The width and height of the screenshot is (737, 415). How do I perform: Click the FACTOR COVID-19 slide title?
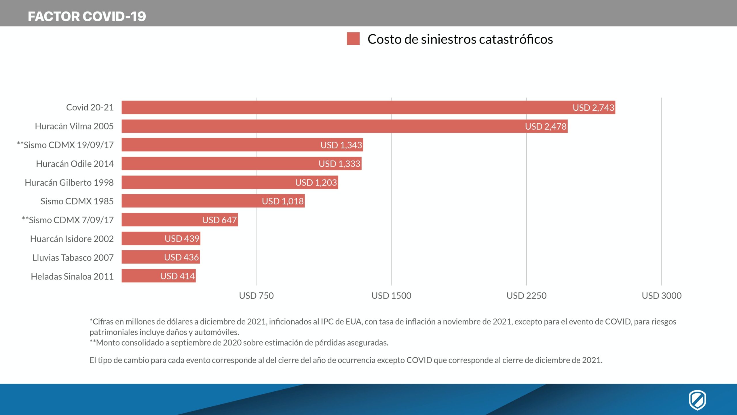[87, 16]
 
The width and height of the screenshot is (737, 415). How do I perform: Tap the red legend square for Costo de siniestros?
[353, 39]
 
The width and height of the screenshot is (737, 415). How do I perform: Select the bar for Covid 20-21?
[345, 107]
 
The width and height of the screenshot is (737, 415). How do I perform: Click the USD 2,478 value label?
[546, 127]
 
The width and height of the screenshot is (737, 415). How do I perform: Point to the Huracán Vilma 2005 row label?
[74, 126]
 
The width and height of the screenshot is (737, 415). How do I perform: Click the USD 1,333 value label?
[339, 164]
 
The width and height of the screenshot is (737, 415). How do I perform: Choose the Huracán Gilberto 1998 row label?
[69, 182]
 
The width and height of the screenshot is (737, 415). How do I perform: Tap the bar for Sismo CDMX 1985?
[190, 201]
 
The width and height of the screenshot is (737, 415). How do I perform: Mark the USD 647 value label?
[219, 220]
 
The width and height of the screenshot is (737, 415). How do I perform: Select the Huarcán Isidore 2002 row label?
[72, 239]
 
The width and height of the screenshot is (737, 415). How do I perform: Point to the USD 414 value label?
[178, 276]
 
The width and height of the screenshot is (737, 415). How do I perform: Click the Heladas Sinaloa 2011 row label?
[72, 276]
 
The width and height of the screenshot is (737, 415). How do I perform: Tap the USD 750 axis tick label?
[256, 296]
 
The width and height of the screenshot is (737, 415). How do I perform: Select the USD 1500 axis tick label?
[391, 296]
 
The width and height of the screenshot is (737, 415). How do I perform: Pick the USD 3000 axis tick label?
[662, 296]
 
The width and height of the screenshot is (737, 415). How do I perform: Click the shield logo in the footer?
[697, 400]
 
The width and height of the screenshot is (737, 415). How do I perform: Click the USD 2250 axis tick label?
[526, 296]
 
